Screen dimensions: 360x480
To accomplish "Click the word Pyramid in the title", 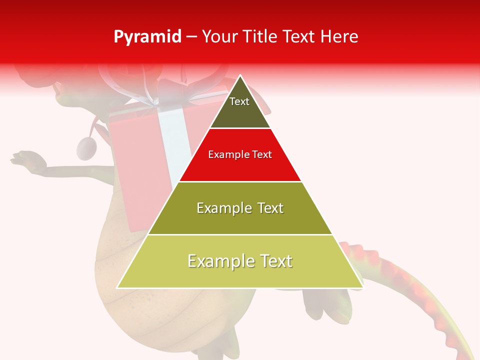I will click(x=147, y=36).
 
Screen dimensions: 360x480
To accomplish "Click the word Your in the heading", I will click(x=218, y=36).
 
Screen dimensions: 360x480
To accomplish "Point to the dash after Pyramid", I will click(x=191, y=37).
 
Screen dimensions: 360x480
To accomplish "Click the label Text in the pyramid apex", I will click(x=239, y=101).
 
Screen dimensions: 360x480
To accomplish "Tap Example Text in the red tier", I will click(x=240, y=154).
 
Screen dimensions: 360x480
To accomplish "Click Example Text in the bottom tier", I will click(x=240, y=261).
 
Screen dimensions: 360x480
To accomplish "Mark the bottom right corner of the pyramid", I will click(x=362, y=287).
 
